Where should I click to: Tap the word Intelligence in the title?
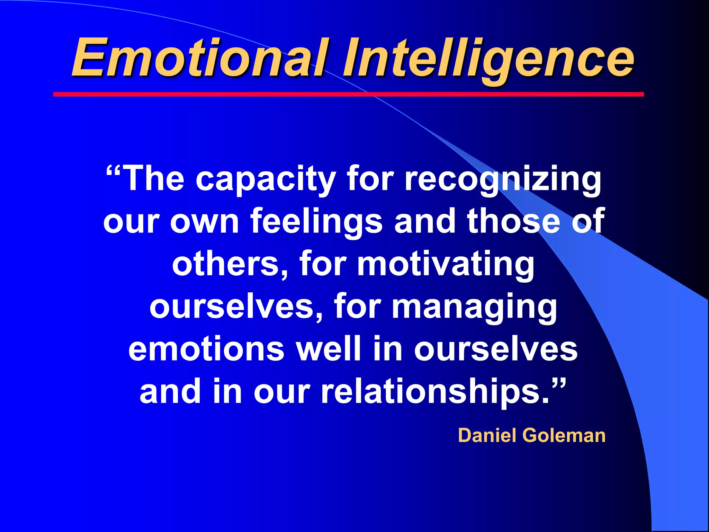pyautogui.click(x=488, y=59)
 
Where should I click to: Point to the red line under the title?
pyautogui.click(x=348, y=94)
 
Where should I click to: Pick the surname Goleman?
pyautogui.click(x=564, y=435)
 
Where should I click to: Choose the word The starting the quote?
pyautogui.click(x=154, y=179)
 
